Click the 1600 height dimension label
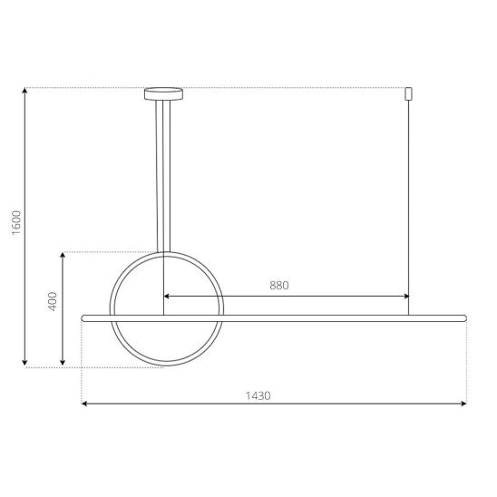click(x=16, y=222)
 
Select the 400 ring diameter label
click(x=53, y=301)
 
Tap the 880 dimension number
click(x=279, y=286)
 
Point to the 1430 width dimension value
click(x=258, y=396)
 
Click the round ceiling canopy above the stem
click(x=163, y=93)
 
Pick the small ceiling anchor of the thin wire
click(x=408, y=93)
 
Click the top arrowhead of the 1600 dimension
click(x=24, y=90)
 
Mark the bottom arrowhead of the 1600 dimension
click(x=24, y=362)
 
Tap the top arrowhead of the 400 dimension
click(x=63, y=256)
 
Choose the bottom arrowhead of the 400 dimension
click(x=63, y=362)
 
